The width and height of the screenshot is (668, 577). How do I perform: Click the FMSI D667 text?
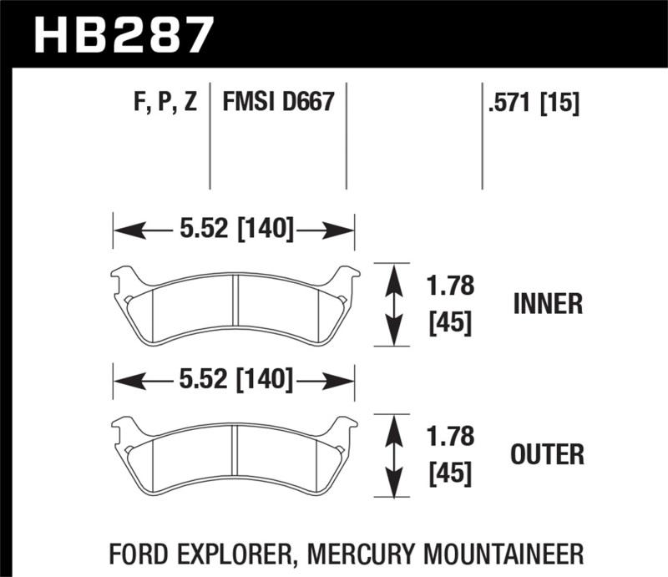click(278, 103)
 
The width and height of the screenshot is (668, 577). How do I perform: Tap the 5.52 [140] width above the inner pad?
click(234, 229)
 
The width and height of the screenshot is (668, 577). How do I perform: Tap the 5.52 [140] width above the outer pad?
click(234, 381)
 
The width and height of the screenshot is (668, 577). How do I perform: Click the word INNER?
click(547, 304)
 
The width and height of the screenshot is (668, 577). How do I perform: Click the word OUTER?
click(547, 454)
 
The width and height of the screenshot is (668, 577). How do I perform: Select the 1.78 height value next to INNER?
click(450, 287)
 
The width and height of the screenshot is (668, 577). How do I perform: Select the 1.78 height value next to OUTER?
click(450, 438)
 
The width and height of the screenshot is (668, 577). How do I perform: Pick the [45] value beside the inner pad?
click(450, 322)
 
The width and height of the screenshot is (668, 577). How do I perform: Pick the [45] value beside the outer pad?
click(450, 473)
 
